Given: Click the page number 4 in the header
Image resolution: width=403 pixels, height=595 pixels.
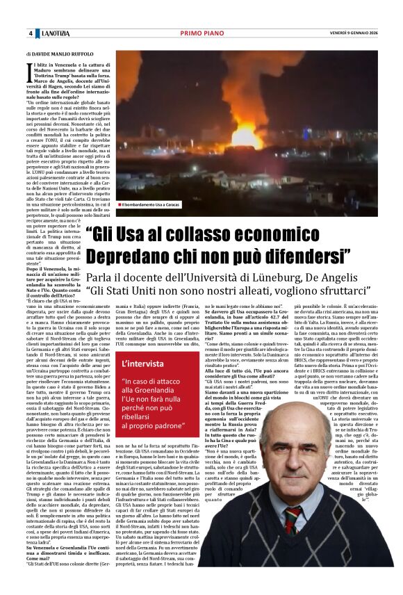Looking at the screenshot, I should (x=30, y=34).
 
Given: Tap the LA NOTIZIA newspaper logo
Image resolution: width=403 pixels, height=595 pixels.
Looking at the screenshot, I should (x=56, y=34).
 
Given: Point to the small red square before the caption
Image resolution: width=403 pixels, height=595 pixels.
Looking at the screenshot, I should (x=119, y=205).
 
